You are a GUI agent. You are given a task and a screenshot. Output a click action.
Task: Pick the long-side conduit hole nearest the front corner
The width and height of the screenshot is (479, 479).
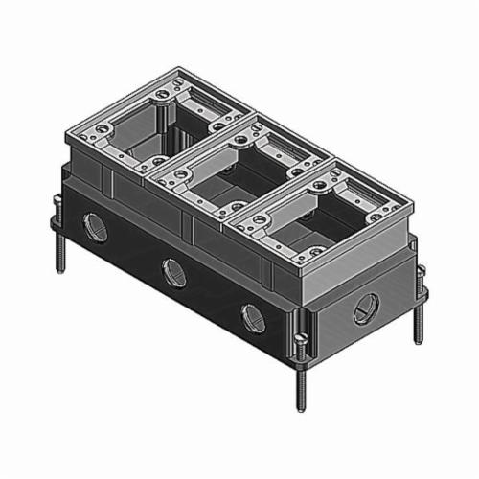tap(253, 316)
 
